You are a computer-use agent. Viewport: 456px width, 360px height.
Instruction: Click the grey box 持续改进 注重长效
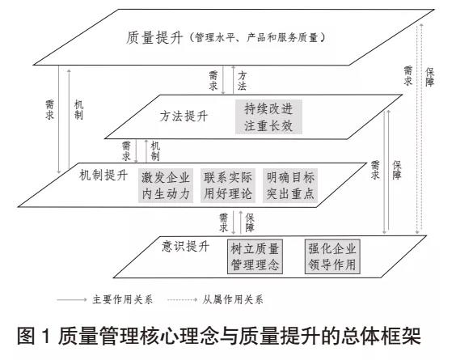click(x=268, y=117)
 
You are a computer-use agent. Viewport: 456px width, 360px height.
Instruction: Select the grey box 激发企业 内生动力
click(x=166, y=185)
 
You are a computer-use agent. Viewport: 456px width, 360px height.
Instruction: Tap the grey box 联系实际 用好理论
click(x=228, y=185)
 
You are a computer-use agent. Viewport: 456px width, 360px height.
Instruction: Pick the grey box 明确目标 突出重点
click(x=290, y=185)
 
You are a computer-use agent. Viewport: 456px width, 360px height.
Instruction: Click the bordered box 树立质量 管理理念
click(x=255, y=256)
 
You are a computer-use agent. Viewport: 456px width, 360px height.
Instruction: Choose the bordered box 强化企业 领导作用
click(x=332, y=256)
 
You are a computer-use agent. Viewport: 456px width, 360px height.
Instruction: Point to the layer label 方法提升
click(x=184, y=116)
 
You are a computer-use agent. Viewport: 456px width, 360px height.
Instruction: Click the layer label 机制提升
click(x=103, y=176)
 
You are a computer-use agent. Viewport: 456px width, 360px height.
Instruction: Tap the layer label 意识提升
click(x=185, y=246)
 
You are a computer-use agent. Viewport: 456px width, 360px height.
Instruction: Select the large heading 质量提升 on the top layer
click(x=154, y=38)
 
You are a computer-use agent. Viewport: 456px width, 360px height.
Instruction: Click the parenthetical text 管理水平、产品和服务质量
click(x=257, y=37)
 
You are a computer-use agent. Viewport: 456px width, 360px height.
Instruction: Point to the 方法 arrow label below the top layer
click(x=242, y=81)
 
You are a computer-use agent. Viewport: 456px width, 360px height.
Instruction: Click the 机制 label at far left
click(x=78, y=110)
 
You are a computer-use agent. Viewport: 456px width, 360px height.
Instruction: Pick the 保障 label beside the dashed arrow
click(x=430, y=77)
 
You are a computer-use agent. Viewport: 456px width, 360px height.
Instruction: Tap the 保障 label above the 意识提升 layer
click(x=250, y=222)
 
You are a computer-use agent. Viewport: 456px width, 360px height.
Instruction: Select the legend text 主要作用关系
click(x=122, y=299)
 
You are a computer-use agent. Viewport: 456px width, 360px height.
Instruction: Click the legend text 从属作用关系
click(x=233, y=299)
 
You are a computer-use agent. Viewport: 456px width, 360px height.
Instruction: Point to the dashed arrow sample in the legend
click(x=183, y=299)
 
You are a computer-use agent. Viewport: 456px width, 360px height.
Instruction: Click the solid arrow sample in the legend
click(x=71, y=299)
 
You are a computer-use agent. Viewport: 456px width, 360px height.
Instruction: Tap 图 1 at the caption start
click(x=34, y=337)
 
